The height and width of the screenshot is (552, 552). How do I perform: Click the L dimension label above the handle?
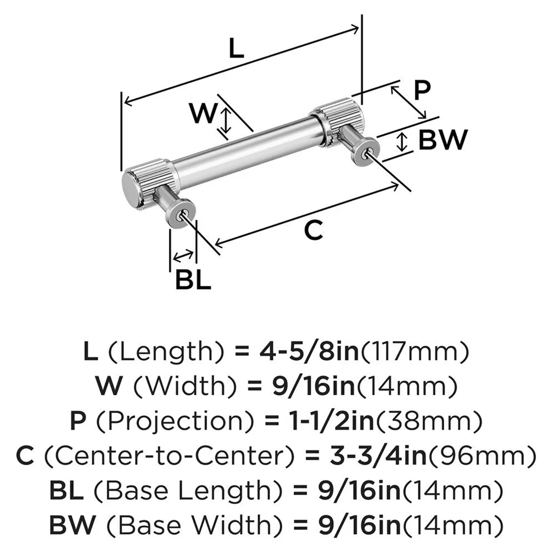[236, 48]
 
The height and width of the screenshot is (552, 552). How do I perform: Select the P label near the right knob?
[422, 90]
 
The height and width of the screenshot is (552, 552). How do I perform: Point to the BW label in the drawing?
[443, 140]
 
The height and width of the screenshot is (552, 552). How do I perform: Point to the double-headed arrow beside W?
[225, 121]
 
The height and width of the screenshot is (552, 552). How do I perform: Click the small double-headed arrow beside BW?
[402, 142]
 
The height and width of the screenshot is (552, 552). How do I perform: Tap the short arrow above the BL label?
[183, 256]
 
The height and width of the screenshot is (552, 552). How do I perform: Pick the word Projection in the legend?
[174, 421]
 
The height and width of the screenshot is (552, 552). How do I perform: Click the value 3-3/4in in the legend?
[378, 455]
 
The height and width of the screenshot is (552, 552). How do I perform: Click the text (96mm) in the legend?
[481, 455]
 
